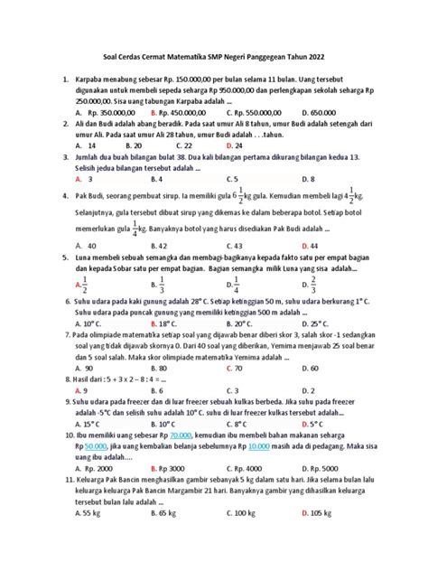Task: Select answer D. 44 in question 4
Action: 309,244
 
